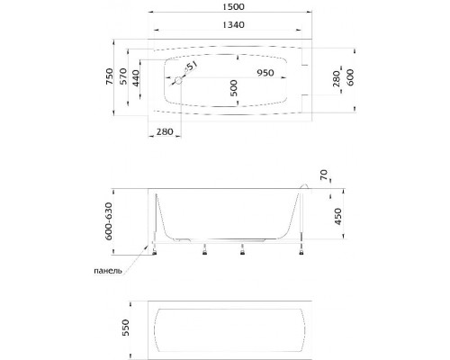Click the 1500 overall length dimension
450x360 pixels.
click(233, 6)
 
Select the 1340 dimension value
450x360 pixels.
click(233, 24)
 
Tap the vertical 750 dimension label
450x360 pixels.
click(110, 76)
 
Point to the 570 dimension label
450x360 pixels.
click(123, 76)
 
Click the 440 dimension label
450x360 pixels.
click(136, 78)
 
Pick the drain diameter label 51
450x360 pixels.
click(191, 67)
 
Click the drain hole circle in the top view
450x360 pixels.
click(178, 80)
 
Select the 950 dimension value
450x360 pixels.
click(265, 73)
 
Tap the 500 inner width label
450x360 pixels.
click(234, 88)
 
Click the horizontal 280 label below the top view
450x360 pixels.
click(165, 131)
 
